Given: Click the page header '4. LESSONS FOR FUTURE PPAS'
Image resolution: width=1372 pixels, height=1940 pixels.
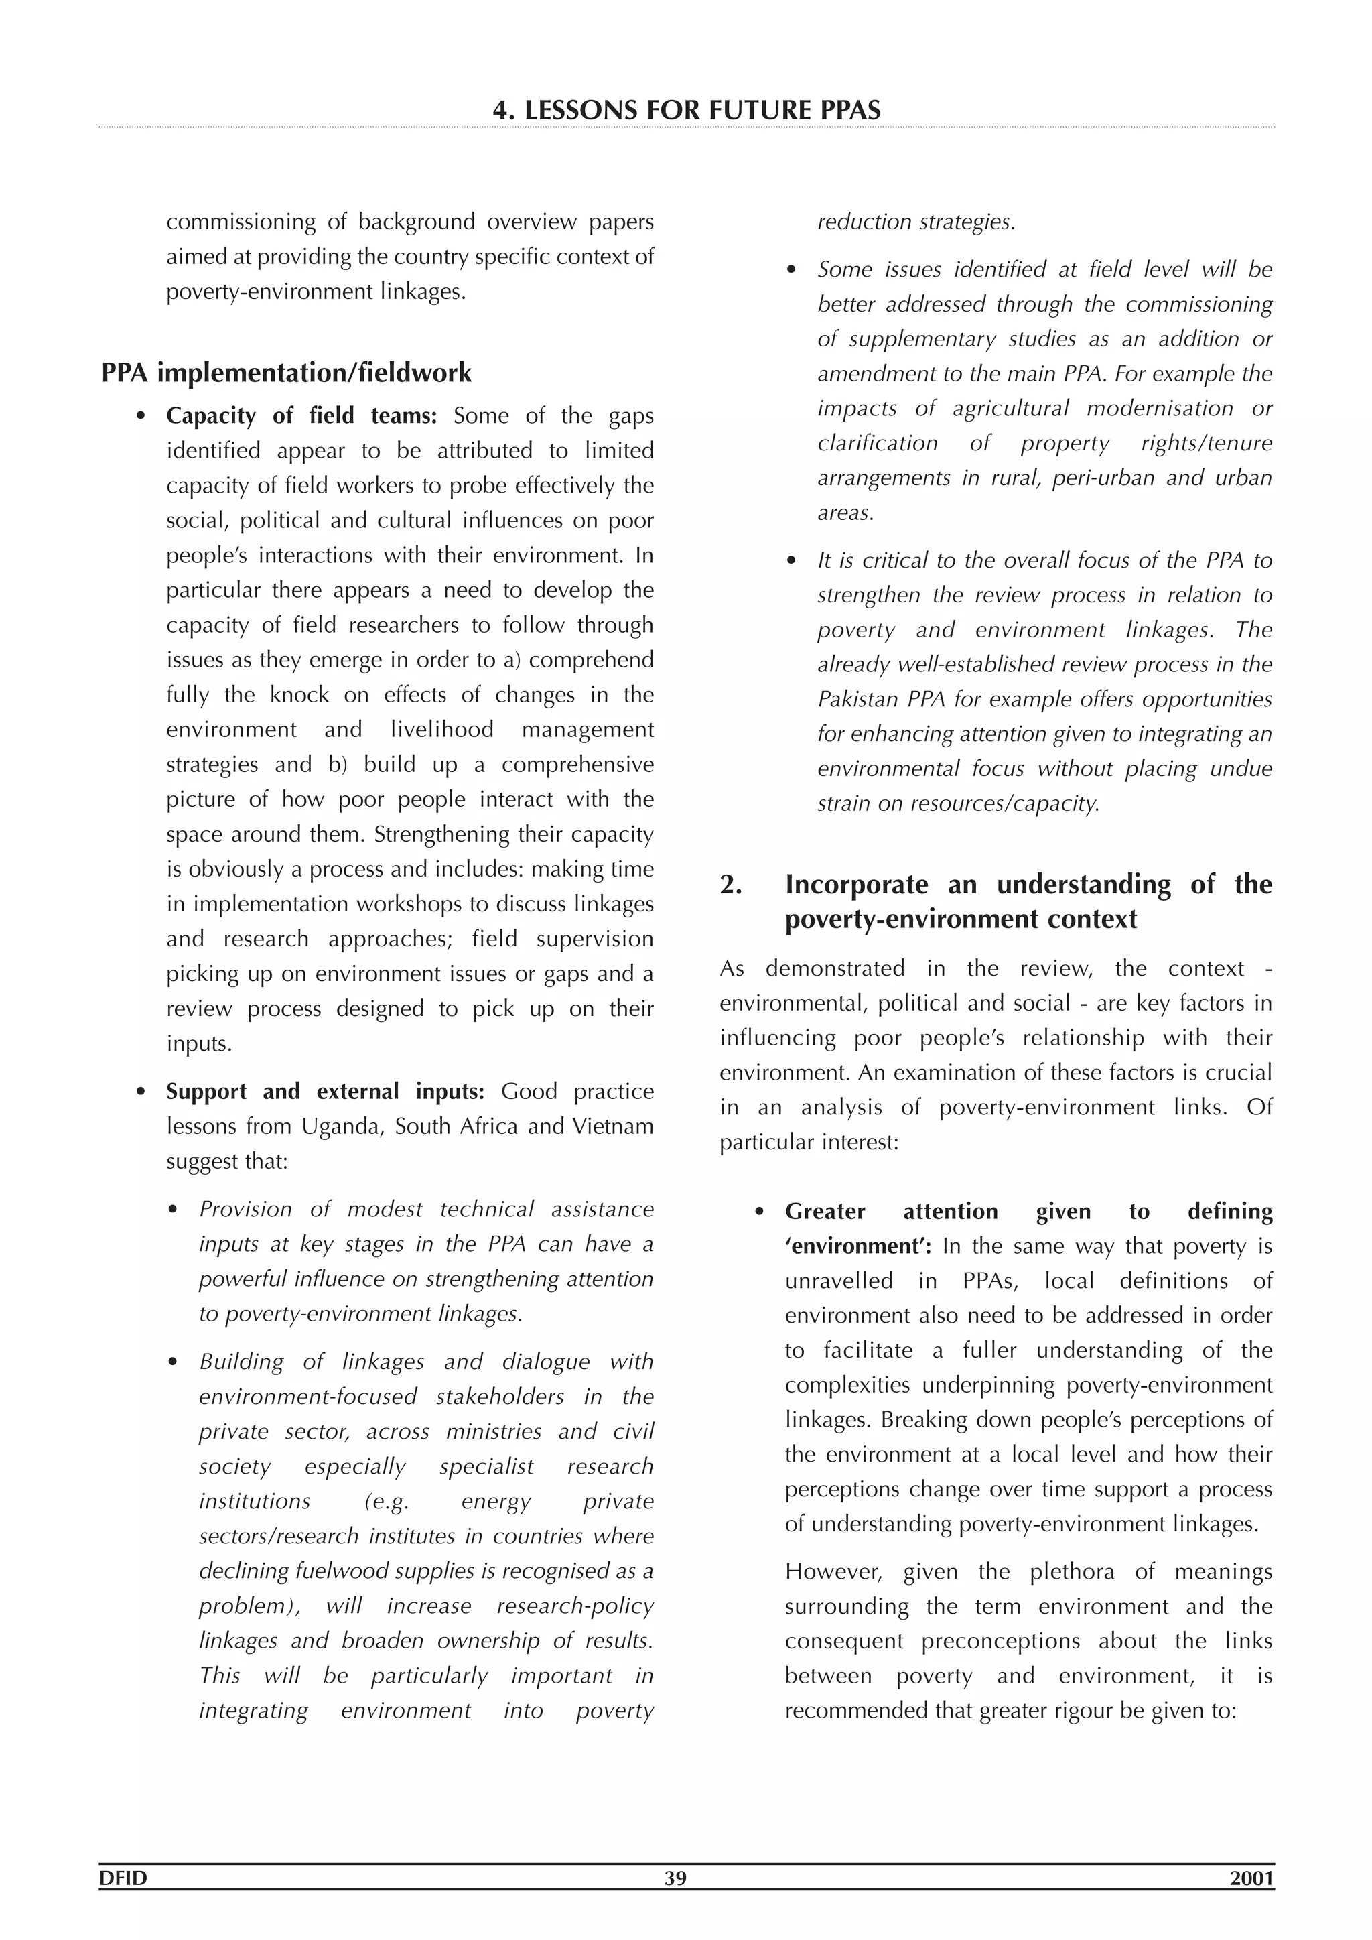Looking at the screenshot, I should tap(686, 110).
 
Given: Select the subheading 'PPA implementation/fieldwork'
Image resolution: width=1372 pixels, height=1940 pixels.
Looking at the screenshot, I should tap(287, 373).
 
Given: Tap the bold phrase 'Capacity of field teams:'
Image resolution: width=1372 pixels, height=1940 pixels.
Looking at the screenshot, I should tap(301, 415).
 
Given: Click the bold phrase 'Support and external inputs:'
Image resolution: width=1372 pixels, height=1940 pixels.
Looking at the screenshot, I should tap(324, 1091).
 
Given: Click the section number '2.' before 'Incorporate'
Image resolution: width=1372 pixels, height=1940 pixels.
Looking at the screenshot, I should tap(731, 885).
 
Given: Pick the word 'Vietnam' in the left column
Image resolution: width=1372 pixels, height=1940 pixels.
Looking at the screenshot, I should tap(616, 1126).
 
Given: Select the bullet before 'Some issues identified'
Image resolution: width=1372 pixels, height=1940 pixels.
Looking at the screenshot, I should tap(792, 270).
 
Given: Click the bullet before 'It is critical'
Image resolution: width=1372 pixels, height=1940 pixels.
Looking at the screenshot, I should tap(792, 561).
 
